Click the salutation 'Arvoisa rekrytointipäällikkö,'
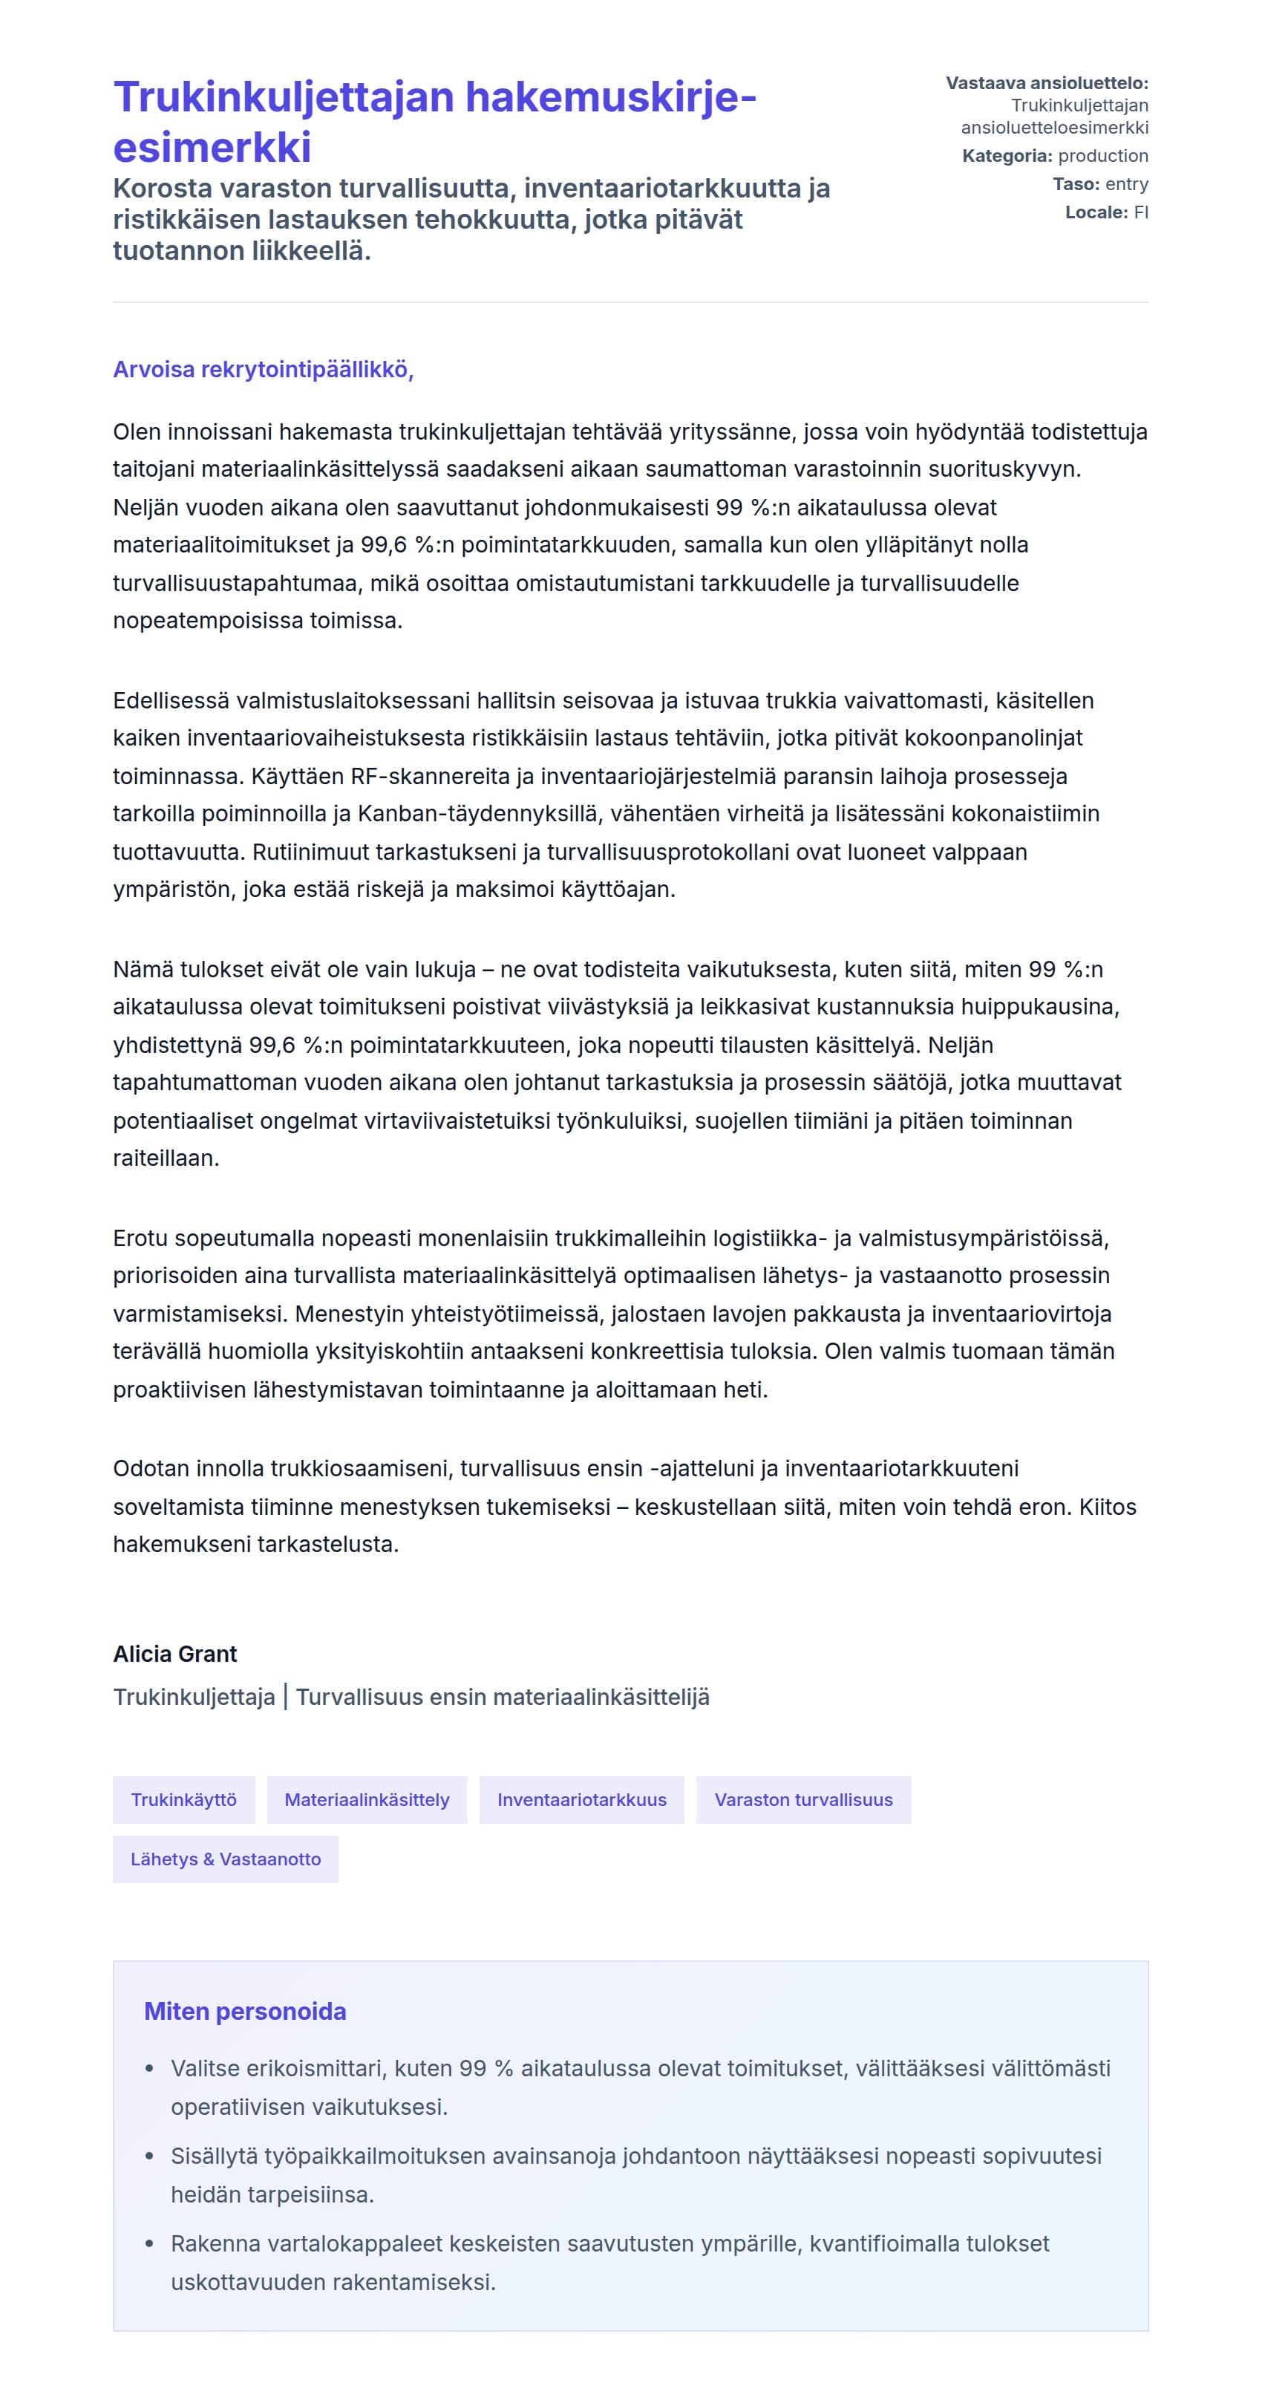tap(263, 369)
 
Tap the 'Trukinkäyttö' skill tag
tap(184, 1799)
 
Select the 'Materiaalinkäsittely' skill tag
tap(367, 1799)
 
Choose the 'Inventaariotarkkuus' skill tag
tap(581, 1799)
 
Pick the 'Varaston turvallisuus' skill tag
tap(803, 1799)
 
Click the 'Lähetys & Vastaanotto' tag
tap(225, 1859)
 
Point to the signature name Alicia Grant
tap(174, 1654)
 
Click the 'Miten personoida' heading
tap(244, 2011)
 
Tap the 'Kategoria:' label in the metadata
tap(1007, 156)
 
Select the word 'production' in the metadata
tap(1102, 156)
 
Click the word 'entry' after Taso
tap(1126, 183)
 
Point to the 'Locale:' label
tap(1096, 212)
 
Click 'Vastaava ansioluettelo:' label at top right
tap(1047, 83)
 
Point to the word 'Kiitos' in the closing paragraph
tap(1107, 1507)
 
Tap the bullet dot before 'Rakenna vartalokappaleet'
tap(149, 2243)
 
